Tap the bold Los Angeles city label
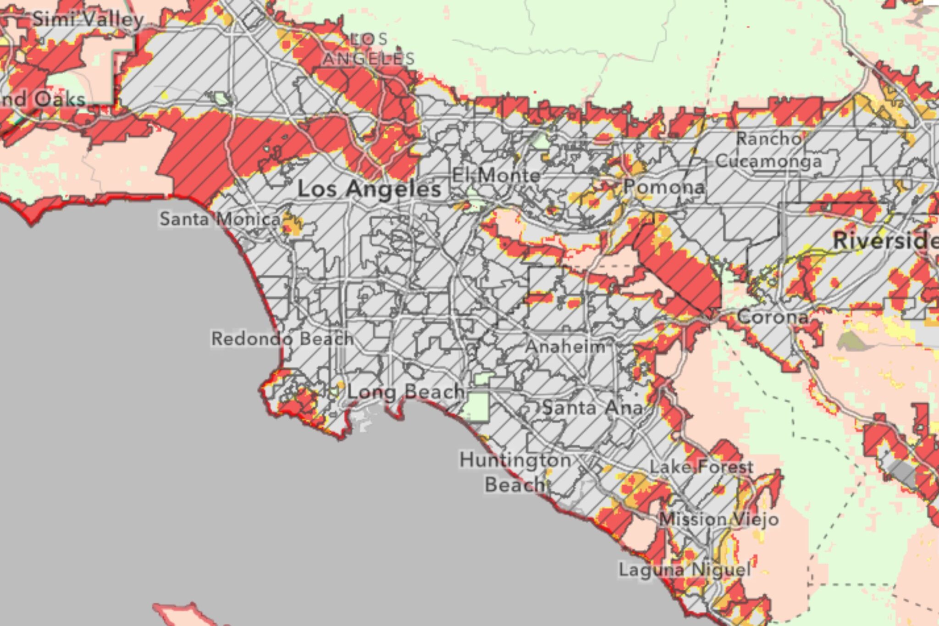[x=369, y=189]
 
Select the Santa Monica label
[x=219, y=219]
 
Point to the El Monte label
[x=496, y=175]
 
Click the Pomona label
[x=663, y=187]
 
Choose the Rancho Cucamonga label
[x=769, y=150]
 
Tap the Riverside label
[x=885, y=241]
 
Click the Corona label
[x=772, y=317]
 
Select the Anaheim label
[x=565, y=347]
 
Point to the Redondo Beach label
[x=282, y=339]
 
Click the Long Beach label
[x=405, y=392]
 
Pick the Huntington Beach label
[x=515, y=472]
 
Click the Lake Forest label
[x=701, y=467]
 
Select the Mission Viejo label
[x=718, y=520]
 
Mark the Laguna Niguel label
[x=685, y=570]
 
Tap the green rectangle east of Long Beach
[x=477, y=406]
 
